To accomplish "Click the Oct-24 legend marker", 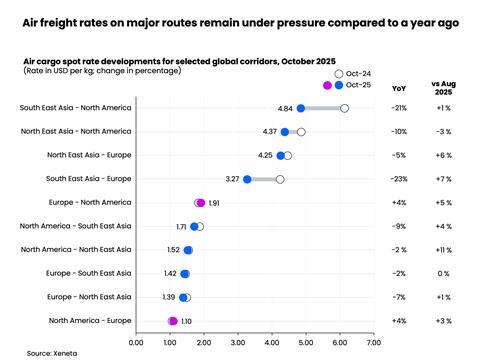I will pos(339,74).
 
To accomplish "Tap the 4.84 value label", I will pos(285,108).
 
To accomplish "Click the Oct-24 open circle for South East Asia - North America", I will pos(344,108).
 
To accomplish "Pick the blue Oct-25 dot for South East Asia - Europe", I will pos(247,179).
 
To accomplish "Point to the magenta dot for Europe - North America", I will pos(200,203).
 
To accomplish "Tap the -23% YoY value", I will pos(400,179).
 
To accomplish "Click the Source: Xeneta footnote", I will pos(52,353).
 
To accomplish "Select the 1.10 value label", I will pos(187,321).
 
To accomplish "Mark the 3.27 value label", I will pos(232,179).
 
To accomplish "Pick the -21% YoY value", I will pos(400,108).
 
